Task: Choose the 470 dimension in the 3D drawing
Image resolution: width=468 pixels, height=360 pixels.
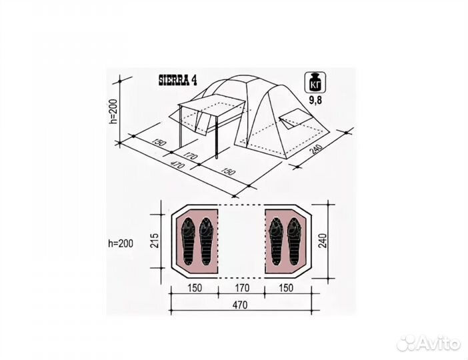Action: coord(176,164)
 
